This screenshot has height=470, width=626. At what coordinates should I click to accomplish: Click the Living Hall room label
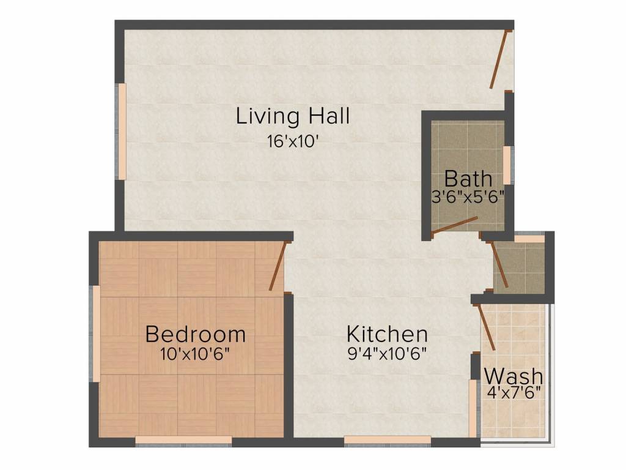tap(293, 116)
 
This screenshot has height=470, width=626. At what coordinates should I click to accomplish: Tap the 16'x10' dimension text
tap(293, 141)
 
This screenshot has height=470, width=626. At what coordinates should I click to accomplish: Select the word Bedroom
tap(196, 334)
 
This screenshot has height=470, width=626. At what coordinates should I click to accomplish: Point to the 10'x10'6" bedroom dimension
tap(196, 354)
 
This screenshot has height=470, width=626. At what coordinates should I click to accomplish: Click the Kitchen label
tap(387, 334)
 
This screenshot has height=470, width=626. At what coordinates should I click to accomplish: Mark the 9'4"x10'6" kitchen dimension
tap(387, 354)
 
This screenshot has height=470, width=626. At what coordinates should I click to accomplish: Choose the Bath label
tap(468, 179)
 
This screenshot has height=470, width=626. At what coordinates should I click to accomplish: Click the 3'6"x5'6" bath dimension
tap(468, 197)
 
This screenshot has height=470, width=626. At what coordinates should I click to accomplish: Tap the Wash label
tap(514, 375)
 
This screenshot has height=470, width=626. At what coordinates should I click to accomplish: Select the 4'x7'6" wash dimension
tap(514, 392)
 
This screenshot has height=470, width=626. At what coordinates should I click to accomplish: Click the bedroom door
tap(278, 266)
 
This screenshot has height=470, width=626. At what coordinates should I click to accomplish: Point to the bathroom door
tap(455, 225)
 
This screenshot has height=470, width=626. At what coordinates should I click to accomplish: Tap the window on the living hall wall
tap(122, 131)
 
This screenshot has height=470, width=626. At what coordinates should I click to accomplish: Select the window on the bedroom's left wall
tap(96, 334)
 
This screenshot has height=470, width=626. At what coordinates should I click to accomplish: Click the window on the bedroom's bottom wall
tap(183, 439)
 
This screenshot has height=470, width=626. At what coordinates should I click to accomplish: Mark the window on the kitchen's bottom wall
tap(388, 439)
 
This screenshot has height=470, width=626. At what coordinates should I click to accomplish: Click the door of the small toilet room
tap(499, 264)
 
